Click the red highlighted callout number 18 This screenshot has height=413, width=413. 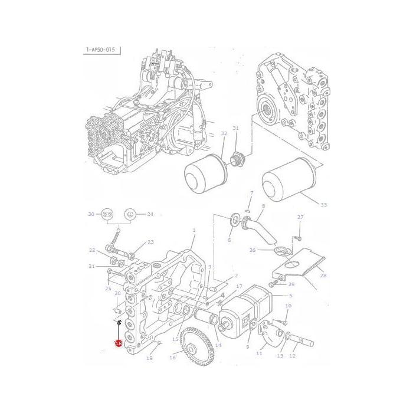click(119, 343)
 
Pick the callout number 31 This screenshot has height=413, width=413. click(235, 128)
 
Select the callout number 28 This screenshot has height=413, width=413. click(322, 276)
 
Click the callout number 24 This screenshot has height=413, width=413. click(150, 214)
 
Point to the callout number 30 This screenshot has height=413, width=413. click(91, 214)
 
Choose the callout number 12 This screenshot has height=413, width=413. click(292, 356)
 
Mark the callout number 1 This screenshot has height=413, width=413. click(194, 230)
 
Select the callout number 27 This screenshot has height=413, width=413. click(300, 217)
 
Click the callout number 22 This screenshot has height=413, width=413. click(92, 250)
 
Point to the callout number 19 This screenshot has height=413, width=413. click(149, 358)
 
